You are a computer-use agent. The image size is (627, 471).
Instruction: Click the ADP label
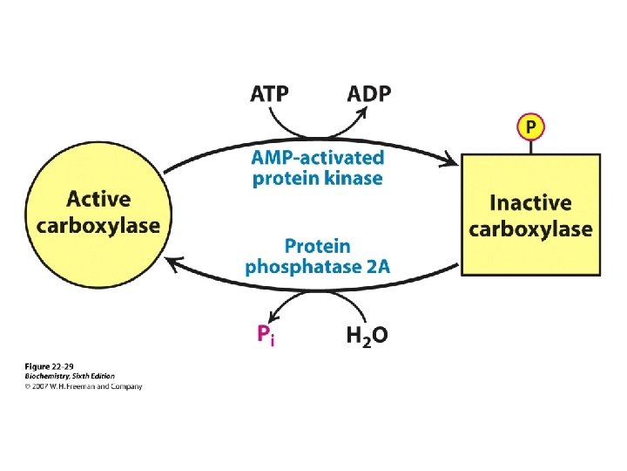pyautogui.click(x=369, y=93)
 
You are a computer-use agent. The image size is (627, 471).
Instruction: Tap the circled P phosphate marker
pyautogui.click(x=530, y=127)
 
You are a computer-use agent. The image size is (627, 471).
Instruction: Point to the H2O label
pyautogui.click(x=367, y=335)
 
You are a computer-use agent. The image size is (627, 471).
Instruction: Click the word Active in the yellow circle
pyautogui.click(x=98, y=200)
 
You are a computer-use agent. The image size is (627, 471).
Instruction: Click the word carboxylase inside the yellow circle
pyautogui.click(x=98, y=225)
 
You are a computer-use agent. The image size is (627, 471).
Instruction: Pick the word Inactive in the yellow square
pyautogui.click(x=530, y=204)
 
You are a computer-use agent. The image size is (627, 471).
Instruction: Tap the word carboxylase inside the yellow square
pyautogui.click(x=530, y=229)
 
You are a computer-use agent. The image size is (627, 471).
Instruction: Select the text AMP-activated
pyautogui.click(x=318, y=158)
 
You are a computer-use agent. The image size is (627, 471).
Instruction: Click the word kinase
pyautogui.click(x=351, y=178)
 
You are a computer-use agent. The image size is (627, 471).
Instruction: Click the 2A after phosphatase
pyautogui.click(x=378, y=266)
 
